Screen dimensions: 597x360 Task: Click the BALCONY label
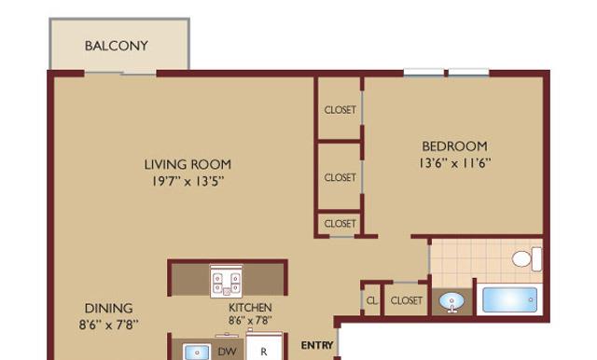tap(116, 46)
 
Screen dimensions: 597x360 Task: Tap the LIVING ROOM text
tap(187, 164)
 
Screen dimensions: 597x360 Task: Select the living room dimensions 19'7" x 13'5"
tap(187, 181)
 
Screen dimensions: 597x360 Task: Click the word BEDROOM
tap(454, 146)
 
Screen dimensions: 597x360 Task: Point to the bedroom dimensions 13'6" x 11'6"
tap(454, 163)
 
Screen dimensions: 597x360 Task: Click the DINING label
tap(108, 308)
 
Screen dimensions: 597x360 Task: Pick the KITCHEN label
tap(250, 307)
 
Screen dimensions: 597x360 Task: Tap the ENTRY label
tap(317, 345)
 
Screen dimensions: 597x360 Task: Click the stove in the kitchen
tap(226, 282)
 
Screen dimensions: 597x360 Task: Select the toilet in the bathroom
tap(527, 259)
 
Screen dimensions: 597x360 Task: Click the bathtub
tap(510, 299)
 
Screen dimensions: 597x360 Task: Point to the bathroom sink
tap(451, 302)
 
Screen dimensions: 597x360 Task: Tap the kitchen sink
tap(197, 352)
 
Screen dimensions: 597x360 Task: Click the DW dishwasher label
tap(227, 352)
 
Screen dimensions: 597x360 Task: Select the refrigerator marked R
tap(264, 347)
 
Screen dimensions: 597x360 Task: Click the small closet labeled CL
tap(371, 300)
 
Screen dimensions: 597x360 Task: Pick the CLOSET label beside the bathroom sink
tap(407, 300)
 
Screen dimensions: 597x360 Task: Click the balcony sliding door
tap(120, 73)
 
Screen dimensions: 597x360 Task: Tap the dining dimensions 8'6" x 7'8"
tap(108, 325)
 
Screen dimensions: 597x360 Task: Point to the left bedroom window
tap(423, 73)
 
